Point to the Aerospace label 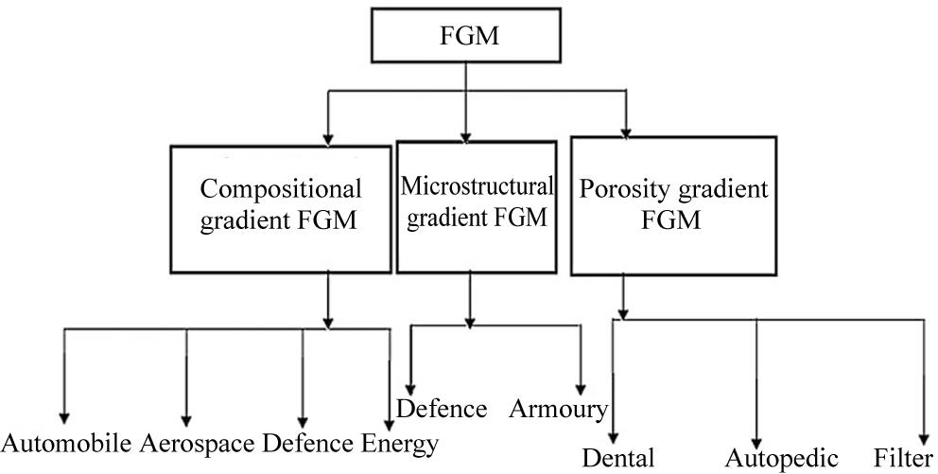pos(199,443)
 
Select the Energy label pos(400,443)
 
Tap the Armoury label pos(558,409)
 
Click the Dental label pos(617,459)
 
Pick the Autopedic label pos(781,459)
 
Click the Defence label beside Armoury pos(442,409)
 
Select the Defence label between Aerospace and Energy pos(310,443)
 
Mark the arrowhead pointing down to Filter pos(925,431)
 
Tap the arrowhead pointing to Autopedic pos(756,431)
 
